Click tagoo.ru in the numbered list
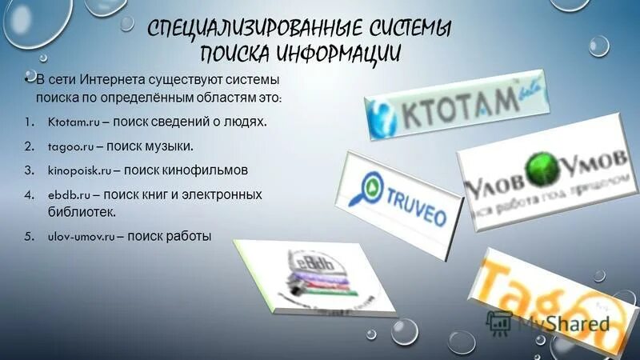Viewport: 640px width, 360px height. [x=71, y=146]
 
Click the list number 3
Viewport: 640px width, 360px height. [x=27, y=170]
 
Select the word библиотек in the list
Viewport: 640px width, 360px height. [x=81, y=212]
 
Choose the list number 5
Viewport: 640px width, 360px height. [x=27, y=237]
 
